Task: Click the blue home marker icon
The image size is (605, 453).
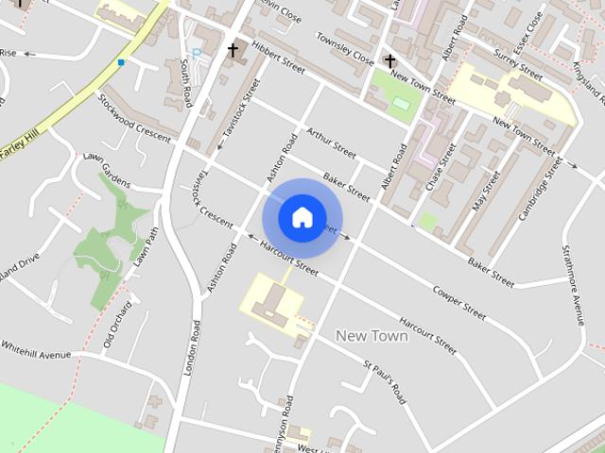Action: (x=302, y=217)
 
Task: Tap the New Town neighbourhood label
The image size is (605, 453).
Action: (x=372, y=336)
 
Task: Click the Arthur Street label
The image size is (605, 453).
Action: (x=330, y=144)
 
